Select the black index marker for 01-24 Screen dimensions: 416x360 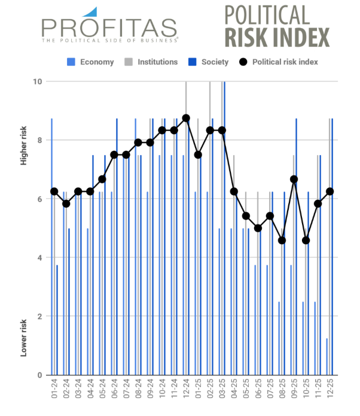click(54, 192)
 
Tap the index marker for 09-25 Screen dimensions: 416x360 click(294, 179)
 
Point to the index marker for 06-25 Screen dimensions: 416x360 click(258, 228)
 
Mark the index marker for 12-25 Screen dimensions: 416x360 click(330, 192)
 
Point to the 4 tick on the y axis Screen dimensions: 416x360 click(39, 258)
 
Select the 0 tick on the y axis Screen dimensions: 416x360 click(39, 375)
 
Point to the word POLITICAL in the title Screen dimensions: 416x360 click(267, 15)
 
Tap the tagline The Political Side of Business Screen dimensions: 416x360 click(109, 40)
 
